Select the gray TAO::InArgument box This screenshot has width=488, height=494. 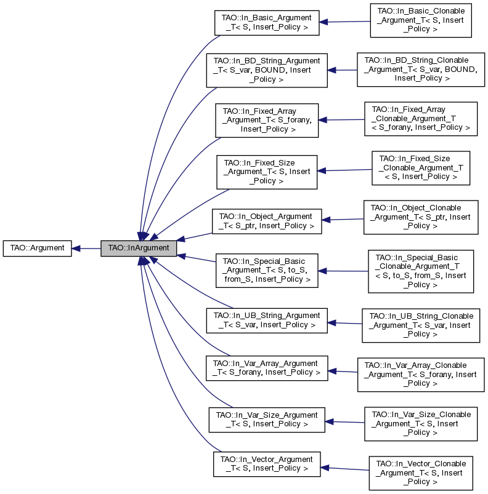click(139, 249)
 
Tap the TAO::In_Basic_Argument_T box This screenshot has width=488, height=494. click(266, 22)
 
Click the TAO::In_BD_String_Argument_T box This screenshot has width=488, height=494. click(267, 70)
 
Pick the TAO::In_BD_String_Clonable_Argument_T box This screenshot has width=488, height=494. click(417, 69)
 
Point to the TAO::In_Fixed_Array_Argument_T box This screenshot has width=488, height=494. click(267, 120)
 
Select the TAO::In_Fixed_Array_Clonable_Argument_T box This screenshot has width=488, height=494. click(420, 119)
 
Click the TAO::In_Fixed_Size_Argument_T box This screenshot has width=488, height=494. click(267, 172)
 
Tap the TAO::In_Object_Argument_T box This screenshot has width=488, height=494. click(267, 221)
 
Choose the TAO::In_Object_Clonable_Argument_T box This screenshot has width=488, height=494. click(420, 217)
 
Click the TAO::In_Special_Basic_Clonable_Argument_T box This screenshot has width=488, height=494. click(420, 271)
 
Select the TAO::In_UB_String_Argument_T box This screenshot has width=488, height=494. click(267, 320)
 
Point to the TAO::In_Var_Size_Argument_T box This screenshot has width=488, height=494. click(266, 420)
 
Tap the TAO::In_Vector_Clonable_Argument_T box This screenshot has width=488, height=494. click(420, 472)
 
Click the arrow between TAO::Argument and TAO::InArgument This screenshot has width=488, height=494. click(86, 249)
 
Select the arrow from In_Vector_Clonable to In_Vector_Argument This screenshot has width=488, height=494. click(344, 469)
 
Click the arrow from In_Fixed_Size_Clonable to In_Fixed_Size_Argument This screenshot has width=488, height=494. click(344, 170)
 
